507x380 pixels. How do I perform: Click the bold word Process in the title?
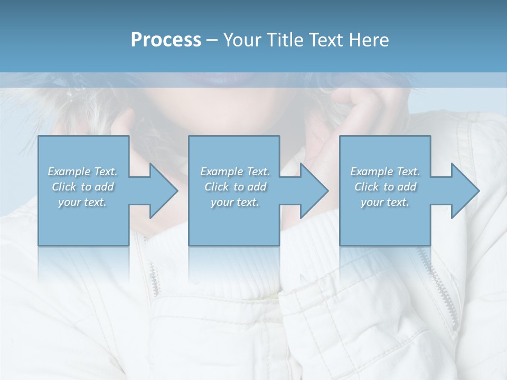166,40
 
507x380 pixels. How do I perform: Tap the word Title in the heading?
283,40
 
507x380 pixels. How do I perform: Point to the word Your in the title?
243,40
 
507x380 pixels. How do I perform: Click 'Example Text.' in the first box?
82,172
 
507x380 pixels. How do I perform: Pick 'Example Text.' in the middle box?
235,172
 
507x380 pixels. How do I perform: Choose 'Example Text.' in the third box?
385,172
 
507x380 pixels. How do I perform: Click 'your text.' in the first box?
82,202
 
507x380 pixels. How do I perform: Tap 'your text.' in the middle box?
235,202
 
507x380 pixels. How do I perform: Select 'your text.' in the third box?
385,202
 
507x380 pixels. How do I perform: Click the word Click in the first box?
64,187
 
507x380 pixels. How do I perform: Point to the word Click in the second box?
217,187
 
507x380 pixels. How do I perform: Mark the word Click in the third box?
367,187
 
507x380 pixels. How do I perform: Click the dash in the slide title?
212,41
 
